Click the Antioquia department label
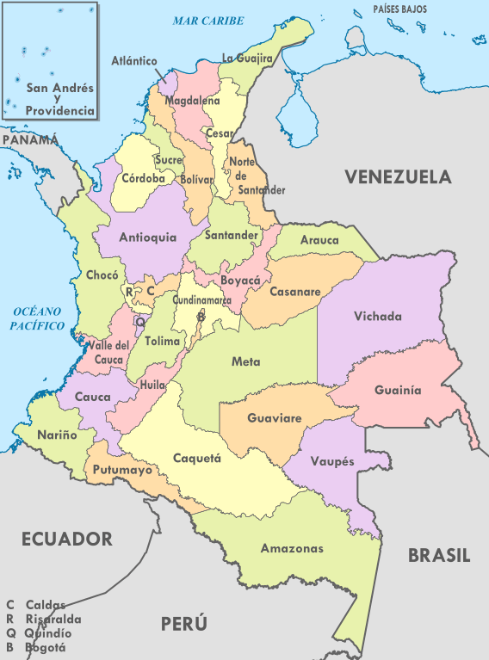click(x=147, y=237)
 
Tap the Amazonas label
click(x=292, y=548)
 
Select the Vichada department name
click(x=378, y=317)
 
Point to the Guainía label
click(x=398, y=390)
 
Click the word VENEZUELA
click(x=398, y=177)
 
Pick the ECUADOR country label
click(x=67, y=540)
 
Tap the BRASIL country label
click(x=439, y=556)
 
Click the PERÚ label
click(x=183, y=623)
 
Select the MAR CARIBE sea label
click(x=207, y=20)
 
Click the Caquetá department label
click(x=197, y=458)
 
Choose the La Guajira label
click(x=247, y=59)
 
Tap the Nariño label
click(x=57, y=435)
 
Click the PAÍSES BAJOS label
click(x=401, y=9)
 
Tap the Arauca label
click(x=319, y=241)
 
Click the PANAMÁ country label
click(x=29, y=139)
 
